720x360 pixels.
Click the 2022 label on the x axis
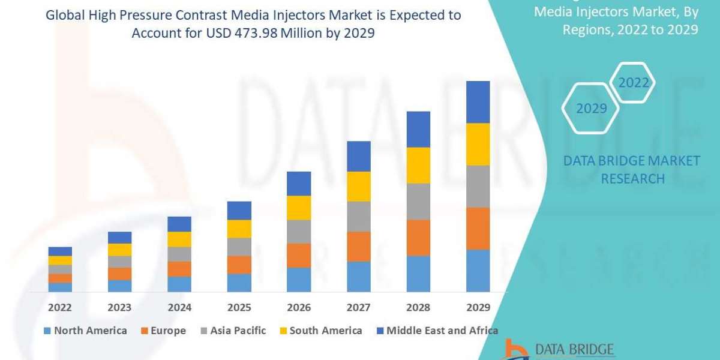pyautogui.click(x=60, y=307)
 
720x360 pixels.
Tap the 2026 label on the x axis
pyautogui.click(x=298, y=307)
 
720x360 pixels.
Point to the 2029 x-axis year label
pyautogui.click(x=478, y=307)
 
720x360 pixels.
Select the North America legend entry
pyautogui.click(x=85, y=331)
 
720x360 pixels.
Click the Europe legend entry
pyautogui.click(x=163, y=331)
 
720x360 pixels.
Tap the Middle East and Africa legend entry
pyautogui.click(x=436, y=331)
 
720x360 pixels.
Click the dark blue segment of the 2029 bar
pyautogui.click(x=478, y=102)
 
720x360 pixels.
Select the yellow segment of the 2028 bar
pyautogui.click(x=418, y=165)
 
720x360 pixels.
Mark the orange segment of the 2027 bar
pyautogui.click(x=358, y=247)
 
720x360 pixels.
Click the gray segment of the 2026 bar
pyautogui.click(x=298, y=232)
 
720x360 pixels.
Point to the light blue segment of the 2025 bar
pyautogui.click(x=239, y=283)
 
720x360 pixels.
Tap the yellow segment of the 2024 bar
pyautogui.click(x=179, y=239)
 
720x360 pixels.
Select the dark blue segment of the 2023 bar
pyautogui.click(x=119, y=238)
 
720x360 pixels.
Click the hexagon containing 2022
pyautogui.click(x=634, y=83)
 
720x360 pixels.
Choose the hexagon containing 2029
pyautogui.click(x=591, y=109)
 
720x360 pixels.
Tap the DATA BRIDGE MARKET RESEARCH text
pyautogui.click(x=632, y=170)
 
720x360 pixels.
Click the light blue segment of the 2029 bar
pyautogui.click(x=478, y=271)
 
